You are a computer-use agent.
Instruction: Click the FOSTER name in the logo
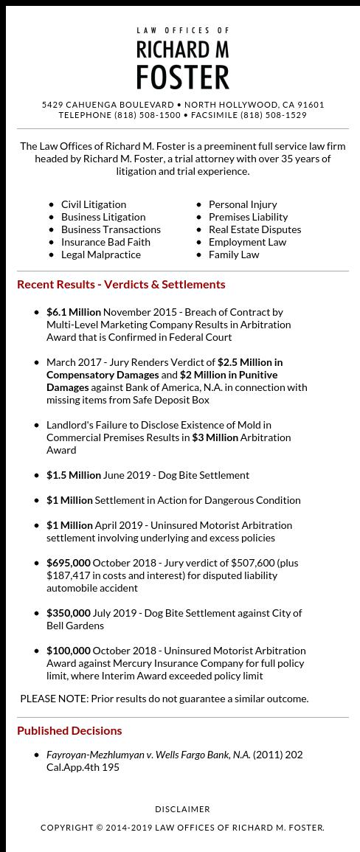(182, 77)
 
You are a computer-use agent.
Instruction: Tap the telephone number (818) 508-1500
(147, 115)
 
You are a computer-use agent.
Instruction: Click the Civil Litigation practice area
(94, 204)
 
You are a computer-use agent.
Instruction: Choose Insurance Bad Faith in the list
(105, 242)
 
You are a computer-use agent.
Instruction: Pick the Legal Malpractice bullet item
(101, 254)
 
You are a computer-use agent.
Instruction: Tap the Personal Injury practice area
(243, 204)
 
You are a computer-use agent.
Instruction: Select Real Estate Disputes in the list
(255, 229)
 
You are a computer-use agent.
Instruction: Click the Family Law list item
(234, 254)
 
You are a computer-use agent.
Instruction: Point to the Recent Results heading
(121, 284)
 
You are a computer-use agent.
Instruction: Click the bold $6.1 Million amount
(74, 312)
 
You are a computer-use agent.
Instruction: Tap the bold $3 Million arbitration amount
(215, 437)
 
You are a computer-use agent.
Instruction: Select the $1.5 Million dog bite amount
(74, 475)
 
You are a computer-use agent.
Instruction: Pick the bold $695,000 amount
(69, 563)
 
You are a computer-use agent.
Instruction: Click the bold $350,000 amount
(69, 613)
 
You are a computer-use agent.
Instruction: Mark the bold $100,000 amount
(69, 651)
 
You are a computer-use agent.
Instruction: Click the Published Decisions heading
(69, 730)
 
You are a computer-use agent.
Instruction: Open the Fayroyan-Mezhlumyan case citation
(148, 755)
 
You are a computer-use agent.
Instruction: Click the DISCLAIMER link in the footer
(182, 809)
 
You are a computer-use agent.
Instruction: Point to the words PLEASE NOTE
(54, 699)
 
